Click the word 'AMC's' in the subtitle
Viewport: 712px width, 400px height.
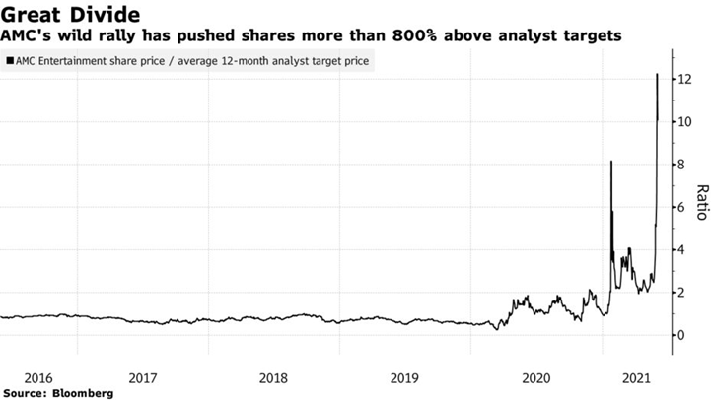click(27, 35)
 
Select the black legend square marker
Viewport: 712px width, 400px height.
click(10, 61)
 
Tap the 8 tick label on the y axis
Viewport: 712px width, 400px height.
click(678, 165)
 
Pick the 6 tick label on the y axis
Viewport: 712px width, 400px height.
click(678, 207)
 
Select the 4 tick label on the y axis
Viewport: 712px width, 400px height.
click(678, 250)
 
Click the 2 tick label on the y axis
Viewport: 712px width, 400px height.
click(678, 293)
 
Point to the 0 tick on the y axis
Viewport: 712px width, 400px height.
click(678, 335)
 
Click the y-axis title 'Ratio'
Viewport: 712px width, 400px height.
click(701, 203)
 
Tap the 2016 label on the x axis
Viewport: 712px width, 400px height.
click(38, 377)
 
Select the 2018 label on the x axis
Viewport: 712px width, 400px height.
click(273, 377)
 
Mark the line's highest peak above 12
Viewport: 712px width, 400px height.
click(658, 74)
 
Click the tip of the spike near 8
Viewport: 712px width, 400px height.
click(611, 162)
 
